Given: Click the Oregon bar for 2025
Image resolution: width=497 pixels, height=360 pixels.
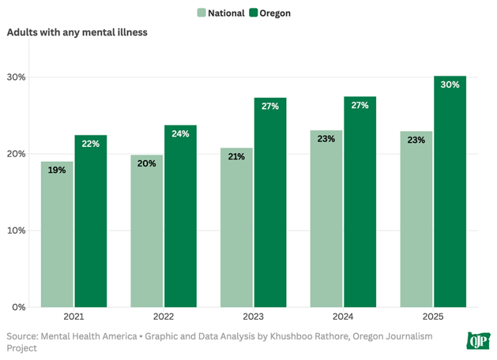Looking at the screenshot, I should pos(450,194).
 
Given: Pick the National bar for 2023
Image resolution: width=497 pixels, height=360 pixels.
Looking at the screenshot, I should pos(236,227).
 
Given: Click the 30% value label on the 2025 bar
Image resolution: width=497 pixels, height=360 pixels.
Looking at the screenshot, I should pos(450,84).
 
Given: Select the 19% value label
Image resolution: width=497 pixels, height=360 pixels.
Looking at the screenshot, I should pos(57,170).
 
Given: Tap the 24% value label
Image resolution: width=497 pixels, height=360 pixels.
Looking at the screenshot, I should pos(181,134).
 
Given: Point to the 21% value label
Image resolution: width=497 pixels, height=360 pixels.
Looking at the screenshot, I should pos(236,156).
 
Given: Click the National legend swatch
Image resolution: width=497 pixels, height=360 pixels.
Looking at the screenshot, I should pos(201,13).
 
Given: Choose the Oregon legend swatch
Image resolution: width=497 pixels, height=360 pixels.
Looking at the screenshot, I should pos(253,13).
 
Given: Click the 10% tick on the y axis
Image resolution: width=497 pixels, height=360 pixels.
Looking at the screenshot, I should pos(16,231).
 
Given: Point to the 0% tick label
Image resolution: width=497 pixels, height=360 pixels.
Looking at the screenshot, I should pos(18,307).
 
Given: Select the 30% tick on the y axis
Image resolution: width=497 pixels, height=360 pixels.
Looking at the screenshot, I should pos(16,77).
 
